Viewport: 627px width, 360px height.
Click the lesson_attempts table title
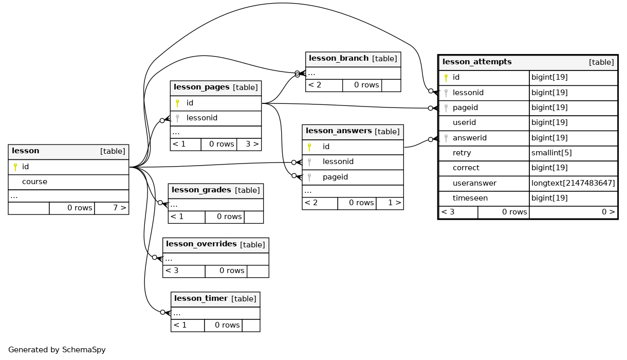coord(477,62)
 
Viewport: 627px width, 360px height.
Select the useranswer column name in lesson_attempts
coord(474,183)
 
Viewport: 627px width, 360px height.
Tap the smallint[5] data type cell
coord(551,153)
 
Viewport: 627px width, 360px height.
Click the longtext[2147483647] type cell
coord(573,183)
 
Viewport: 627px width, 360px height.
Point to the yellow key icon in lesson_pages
coord(177,103)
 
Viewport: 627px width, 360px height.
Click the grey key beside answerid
coord(446,138)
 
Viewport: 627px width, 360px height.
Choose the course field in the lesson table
coord(35,182)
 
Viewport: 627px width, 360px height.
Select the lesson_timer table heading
coord(201,298)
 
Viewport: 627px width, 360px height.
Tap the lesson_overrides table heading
coord(201,244)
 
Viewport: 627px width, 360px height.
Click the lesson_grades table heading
coord(201,190)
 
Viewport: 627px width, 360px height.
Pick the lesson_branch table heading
coord(338,58)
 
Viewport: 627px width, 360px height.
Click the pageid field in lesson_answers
coord(335,177)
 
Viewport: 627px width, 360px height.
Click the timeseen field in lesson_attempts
coord(470,198)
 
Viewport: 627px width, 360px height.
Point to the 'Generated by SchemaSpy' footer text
coord(57,350)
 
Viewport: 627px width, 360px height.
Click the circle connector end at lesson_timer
coord(162,312)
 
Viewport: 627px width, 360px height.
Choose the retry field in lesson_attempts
coord(462,153)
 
